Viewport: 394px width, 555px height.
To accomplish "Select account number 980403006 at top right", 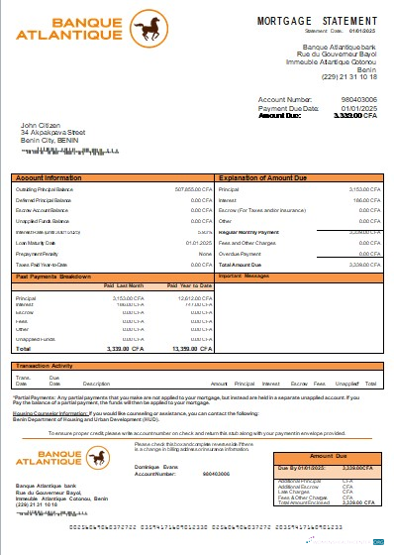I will pos(357,100).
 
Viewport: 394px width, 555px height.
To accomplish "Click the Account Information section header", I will pos(50,177).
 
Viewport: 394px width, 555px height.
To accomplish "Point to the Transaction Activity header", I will pos(50,366).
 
